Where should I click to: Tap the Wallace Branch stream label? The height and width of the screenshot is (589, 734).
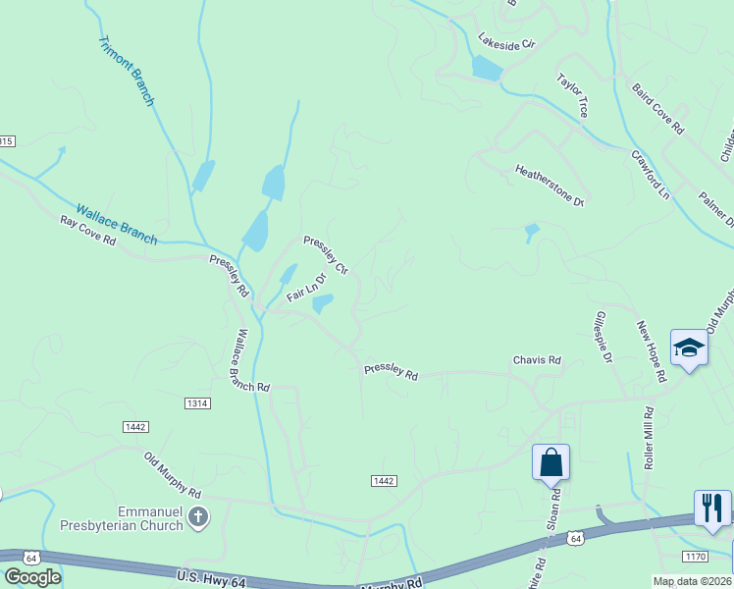click(x=117, y=225)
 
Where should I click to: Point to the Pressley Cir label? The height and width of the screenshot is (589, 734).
click(x=326, y=254)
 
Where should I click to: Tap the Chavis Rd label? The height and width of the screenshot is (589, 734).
click(x=537, y=360)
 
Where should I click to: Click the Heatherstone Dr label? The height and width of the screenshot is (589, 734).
click(x=550, y=186)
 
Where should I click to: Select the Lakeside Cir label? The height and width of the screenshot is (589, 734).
click(x=506, y=43)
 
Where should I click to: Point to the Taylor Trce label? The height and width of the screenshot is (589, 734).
click(x=572, y=95)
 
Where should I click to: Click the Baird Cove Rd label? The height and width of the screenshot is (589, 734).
click(x=657, y=109)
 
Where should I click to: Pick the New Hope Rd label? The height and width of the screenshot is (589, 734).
click(x=652, y=350)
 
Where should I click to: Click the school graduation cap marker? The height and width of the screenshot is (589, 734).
click(x=690, y=348)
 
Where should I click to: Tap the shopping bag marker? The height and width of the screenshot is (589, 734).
click(x=550, y=461)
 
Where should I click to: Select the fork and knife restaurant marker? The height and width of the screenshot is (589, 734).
click(x=712, y=508)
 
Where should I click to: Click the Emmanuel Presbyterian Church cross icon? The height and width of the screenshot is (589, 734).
click(x=198, y=517)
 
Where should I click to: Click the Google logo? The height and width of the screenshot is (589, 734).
click(x=32, y=577)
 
